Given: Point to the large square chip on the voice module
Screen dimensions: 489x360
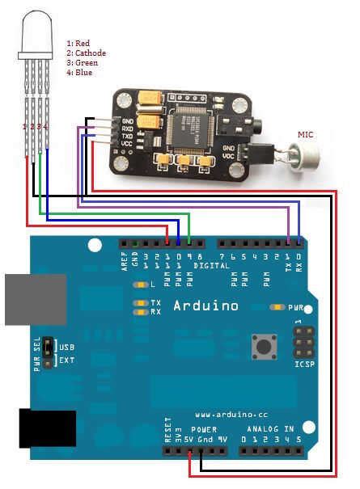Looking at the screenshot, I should click(191, 127).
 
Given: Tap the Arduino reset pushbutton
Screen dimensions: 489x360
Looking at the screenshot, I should click(262, 346).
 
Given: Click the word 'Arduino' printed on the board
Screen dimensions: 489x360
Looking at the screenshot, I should click(205, 306).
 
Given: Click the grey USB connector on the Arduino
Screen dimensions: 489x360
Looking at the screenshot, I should click(34, 299).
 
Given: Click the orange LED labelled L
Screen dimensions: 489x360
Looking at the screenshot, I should click(142, 285).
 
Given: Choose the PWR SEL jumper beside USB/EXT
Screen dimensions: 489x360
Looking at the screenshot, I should click(49, 352).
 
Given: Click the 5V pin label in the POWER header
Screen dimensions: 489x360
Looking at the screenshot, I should click(188, 440).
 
